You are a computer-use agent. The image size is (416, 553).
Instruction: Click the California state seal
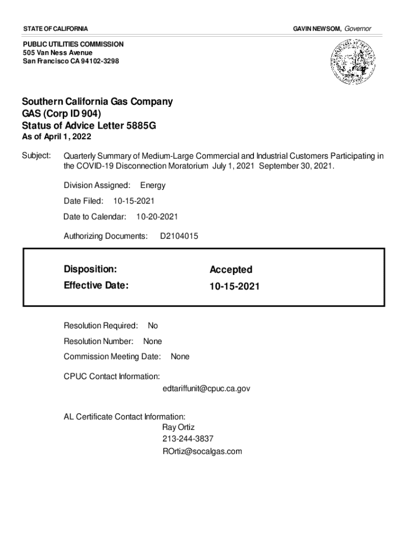coord(353,63)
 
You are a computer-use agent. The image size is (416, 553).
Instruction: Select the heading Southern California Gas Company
coord(97,102)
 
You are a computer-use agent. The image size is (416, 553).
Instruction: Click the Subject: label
coord(36,156)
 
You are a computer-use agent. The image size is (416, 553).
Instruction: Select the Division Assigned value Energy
coord(153,185)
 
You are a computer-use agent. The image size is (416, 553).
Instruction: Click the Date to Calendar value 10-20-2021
coord(157,217)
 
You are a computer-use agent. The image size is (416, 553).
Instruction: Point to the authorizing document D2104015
coord(179,236)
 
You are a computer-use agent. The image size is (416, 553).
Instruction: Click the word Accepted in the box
coord(231,269)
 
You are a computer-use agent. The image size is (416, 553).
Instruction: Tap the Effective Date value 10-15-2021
coord(234,286)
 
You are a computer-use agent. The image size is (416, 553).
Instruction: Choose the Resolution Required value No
coord(153,326)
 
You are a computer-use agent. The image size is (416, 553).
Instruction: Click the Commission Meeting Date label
coord(112,356)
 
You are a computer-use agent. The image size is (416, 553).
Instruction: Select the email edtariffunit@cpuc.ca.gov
coord(206,388)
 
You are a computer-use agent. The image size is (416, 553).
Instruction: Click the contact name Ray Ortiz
coord(178,427)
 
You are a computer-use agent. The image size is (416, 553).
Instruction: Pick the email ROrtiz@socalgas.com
coord(202,451)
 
